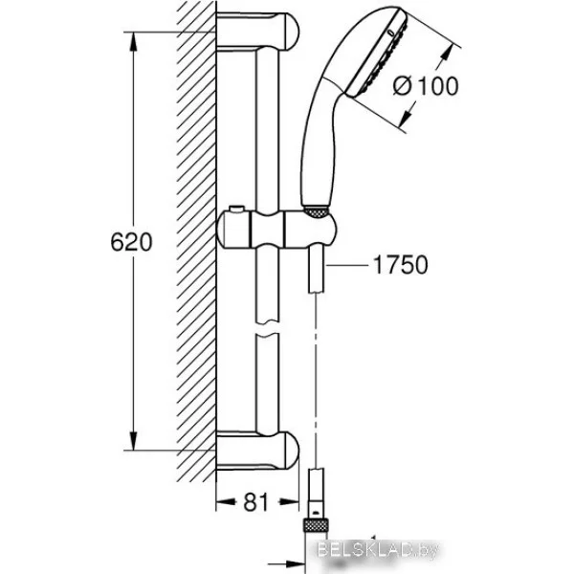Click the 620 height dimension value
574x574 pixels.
pyautogui.click(x=131, y=242)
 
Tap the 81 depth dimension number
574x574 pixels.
pyautogui.click(x=255, y=501)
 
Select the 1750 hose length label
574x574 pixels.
pyautogui.click(x=400, y=265)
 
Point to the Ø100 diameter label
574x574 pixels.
pyautogui.click(x=426, y=86)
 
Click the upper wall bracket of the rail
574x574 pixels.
pyautogui.click(x=257, y=31)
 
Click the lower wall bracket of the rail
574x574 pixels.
pyautogui.click(x=257, y=451)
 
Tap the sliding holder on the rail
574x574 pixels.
pyautogui.click(x=277, y=229)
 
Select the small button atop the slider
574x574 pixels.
pyautogui.click(x=236, y=209)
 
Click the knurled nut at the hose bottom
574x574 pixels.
pyautogui.click(x=315, y=524)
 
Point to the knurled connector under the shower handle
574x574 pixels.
pyautogui.click(x=317, y=212)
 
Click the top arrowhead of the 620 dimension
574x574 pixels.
pyautogui.click(x=134, y=41)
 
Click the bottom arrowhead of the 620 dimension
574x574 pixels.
pyautogui.click(x=134, y=441)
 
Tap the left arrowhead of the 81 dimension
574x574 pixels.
pyautogui.click(x=226, y=501)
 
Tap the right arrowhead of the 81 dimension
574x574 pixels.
pyautogui.click(x=290, y=501)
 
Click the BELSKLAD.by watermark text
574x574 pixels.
pyautogui.click(x=378, y=550)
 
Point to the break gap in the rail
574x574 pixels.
pyautogui.click(x=268, y=328)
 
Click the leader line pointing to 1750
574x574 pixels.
pyautogui.click(x=346, y=265)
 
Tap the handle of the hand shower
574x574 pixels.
pyautogui.click(x=318, y=146)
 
